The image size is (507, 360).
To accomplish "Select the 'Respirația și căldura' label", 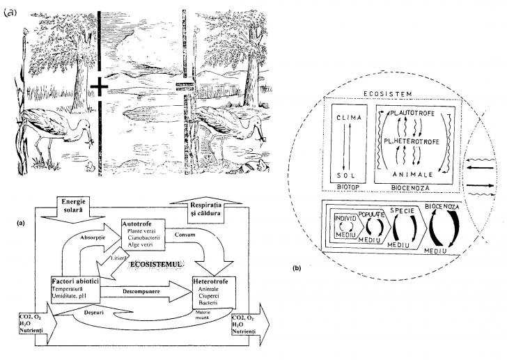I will click(x=214, y=209).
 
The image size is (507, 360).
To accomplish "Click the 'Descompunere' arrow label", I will click(x=141, y=291).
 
